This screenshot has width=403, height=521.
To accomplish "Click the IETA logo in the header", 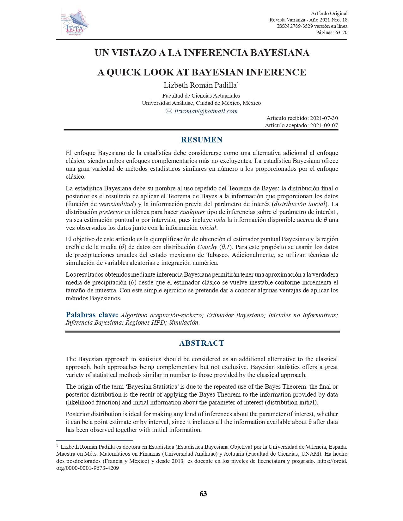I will pyautogui.click(x=75, y=22).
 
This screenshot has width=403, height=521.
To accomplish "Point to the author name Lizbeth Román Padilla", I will pyautogui.click(x=200, y=85).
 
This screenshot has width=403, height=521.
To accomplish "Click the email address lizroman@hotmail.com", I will pyautogui.click(x=206, y=111).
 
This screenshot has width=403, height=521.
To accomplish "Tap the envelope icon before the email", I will pyautogui.click(x=169, y=111).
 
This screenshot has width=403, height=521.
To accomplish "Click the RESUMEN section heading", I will pyautogui.click(x=202, y=140).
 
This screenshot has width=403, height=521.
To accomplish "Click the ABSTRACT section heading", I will pyautogui.click(x=202, y=343).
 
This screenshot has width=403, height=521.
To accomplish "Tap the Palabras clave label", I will pyautogui.click(x=92, y=315).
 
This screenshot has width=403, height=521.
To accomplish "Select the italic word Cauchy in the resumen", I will pyautogui.click(x=207, y=247).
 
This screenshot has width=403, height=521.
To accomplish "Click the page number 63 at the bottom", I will pyautogui.click(x=203, y=494).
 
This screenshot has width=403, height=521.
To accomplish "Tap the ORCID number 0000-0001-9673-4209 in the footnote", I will pyautogui.click(x=92, y=468).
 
